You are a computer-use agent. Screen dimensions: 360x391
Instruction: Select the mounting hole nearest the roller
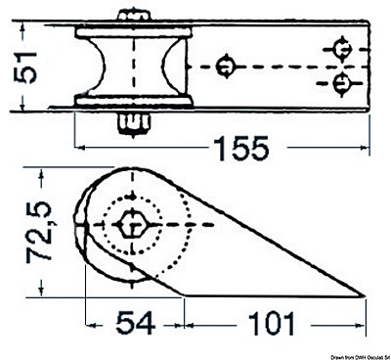point(226,66)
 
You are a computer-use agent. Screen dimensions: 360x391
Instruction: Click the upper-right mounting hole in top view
point(342,46)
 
